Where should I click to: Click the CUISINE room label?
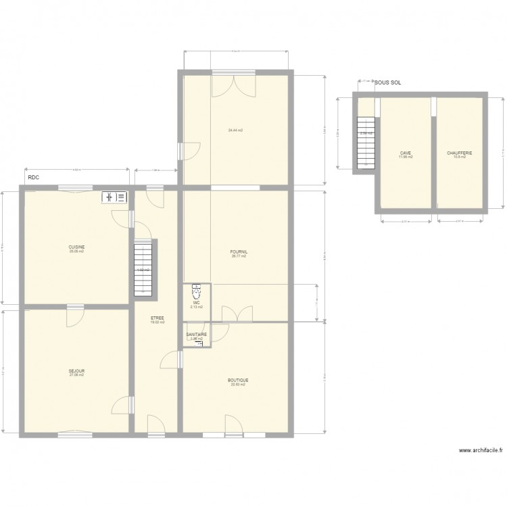click(76, 247)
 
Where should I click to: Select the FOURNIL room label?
click(239, 252)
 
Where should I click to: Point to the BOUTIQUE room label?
click(238, 380)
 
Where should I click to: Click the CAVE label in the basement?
click(405, 153)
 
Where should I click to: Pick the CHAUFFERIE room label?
click(460, 153)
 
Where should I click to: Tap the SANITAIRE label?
click(197, 334)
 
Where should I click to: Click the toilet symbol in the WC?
click(197, 293)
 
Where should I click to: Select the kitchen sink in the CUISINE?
click(114, 197)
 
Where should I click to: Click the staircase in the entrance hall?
click(143, 268)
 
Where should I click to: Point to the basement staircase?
click(365, 142)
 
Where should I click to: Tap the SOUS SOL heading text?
click(387, 82)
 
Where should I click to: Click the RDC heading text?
click(33, 178)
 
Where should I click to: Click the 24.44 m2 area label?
click(235, 130)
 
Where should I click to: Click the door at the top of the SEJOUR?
click(74, 312)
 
